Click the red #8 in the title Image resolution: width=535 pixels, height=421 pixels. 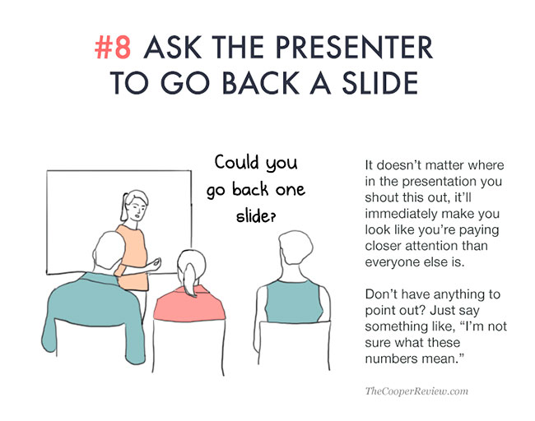coord(113,47)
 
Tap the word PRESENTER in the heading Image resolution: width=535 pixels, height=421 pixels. coord(354,47)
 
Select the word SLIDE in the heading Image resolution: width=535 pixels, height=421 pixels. coord(380,83)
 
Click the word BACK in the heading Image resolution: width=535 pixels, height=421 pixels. coord(261,83)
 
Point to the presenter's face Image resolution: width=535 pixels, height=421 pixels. coord(137,209)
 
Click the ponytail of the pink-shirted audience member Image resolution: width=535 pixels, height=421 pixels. coord(189,280)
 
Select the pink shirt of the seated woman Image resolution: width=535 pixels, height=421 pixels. coord(188,303)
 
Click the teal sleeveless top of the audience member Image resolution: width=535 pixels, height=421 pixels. coord(293,301)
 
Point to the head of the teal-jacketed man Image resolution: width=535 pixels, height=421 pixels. coord(109,252)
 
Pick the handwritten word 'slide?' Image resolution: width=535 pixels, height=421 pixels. coord(255,215)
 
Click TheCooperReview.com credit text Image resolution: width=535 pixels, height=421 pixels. coord(416,391)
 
